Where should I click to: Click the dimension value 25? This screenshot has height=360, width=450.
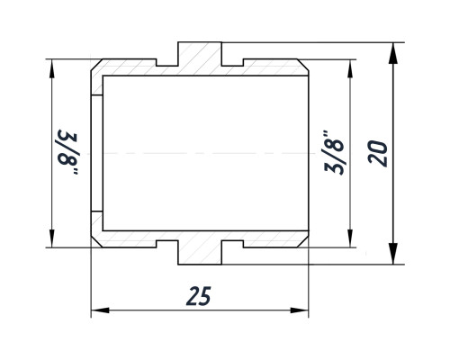point(199,296)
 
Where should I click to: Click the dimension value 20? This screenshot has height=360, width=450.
point(378,153)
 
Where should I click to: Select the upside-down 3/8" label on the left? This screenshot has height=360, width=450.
point(68,152)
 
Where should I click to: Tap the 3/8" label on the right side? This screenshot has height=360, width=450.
point(334,152)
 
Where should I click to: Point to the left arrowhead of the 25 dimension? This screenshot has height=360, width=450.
point(100,310)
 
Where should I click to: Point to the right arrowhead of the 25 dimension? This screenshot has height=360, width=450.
point(300,310)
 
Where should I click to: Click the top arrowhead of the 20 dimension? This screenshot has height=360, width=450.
point(392,53)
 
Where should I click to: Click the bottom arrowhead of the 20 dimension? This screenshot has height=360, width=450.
point(392,254)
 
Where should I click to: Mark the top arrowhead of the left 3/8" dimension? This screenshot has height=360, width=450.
point(52,69)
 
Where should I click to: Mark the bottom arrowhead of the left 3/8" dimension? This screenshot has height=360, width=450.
point(52,238)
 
